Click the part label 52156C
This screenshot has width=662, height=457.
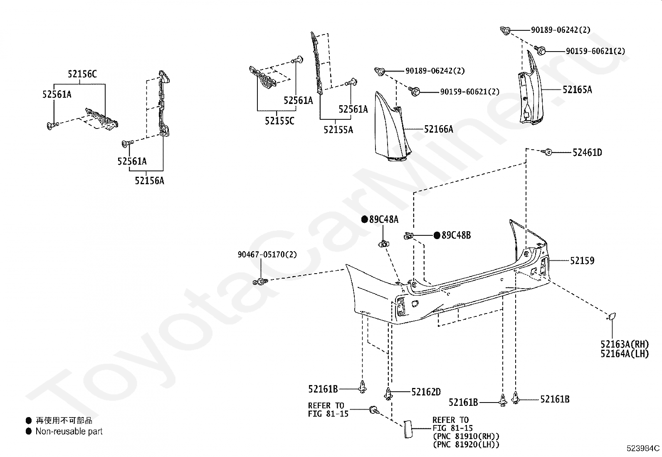[x=82, y=74]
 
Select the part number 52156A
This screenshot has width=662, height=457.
[x=149, y=180]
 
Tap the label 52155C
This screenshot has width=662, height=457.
[x=279, y=121]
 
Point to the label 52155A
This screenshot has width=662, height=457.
[x=338, y=130]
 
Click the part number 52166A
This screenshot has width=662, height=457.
[x=438, y=129]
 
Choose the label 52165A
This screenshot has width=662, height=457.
[x=577, y=89]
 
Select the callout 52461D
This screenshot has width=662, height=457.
[x=587, y=152]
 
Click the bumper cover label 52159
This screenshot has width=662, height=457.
[x=582, y=261]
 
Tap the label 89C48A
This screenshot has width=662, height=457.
[x=383, y=219]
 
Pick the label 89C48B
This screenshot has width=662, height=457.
[x=456, y=235]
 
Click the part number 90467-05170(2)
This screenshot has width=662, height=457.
[x=267, y=254]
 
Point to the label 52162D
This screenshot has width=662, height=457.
[x=426, y=392]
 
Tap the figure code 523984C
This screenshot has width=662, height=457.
[x=643, y=448]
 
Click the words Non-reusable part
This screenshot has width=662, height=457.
[x=69, y=432]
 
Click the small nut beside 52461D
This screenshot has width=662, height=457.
[x=548, y=152]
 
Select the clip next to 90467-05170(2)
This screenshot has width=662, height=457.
[x=259, y=282]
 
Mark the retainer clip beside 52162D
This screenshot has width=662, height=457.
[x=388, y=393]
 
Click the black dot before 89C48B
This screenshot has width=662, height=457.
[x=437, y=235]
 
